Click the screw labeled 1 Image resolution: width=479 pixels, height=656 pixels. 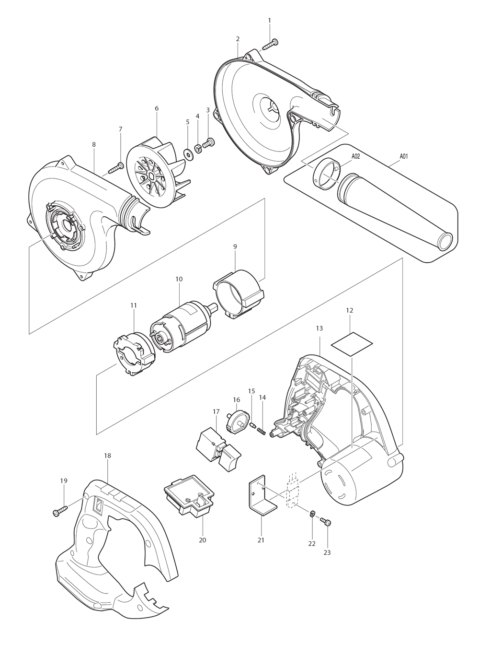[x=270, y=44]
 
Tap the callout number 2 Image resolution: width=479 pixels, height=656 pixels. [x=238, y=39]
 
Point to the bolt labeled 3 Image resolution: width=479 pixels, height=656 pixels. [x=209, y=143]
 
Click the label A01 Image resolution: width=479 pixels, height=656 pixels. [x=403, y=156]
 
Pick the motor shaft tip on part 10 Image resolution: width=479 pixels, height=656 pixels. [x=214, y=307]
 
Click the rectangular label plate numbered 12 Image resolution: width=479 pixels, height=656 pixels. [x=352, y=344]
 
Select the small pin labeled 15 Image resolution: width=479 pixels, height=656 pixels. [x=252, y=425]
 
